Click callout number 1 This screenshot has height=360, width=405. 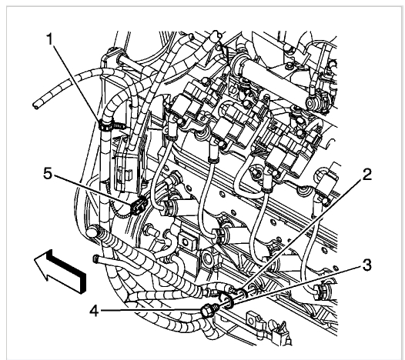(x=49, y=39)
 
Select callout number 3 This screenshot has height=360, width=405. (x=367, y=265)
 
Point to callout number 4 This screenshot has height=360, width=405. (x=94, y=311)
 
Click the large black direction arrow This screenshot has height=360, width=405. (x=60, y=271)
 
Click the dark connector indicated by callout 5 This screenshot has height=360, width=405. (x=139, y=205)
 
